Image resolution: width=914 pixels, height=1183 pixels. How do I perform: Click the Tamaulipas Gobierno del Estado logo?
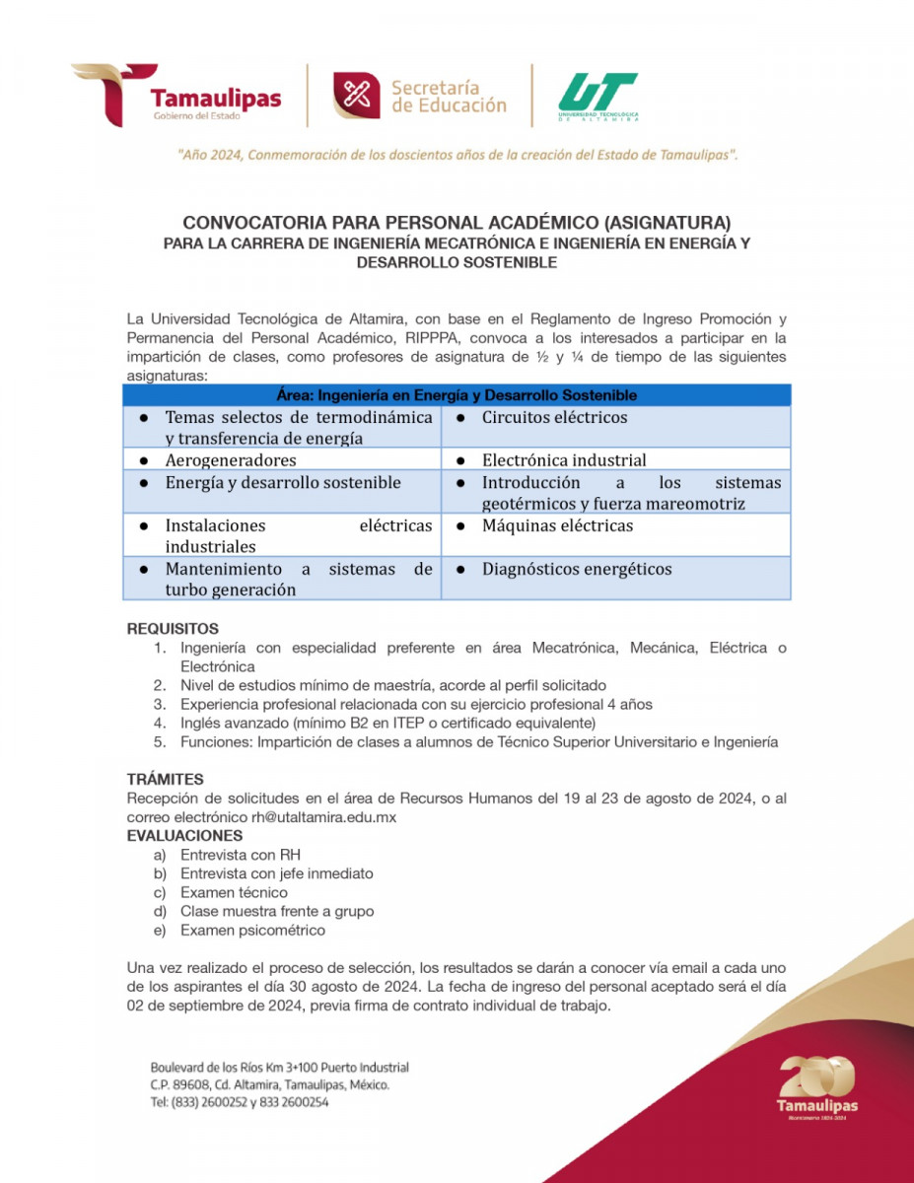point(177,96)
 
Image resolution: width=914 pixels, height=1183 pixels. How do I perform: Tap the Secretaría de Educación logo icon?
point(356,96)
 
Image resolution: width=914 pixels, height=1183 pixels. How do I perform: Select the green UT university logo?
point(598,97)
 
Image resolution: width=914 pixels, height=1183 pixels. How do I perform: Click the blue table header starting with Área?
point(457,395)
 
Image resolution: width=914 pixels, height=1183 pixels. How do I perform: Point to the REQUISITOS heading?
point(173,629)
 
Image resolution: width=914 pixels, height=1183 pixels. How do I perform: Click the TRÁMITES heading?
point(166,779)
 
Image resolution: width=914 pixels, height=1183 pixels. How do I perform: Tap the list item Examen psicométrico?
point(252,931)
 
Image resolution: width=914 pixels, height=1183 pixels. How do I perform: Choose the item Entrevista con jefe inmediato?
point(276,873)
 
